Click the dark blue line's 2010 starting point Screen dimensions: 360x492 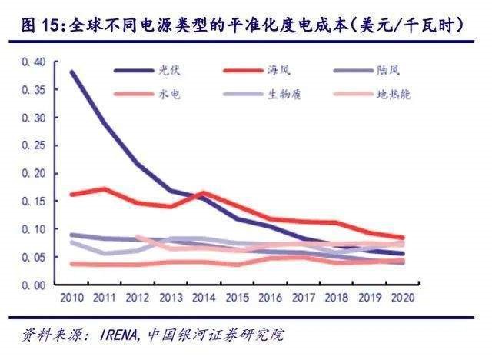(x=71, y=72)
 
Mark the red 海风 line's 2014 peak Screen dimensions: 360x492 (x=203, y=192)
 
